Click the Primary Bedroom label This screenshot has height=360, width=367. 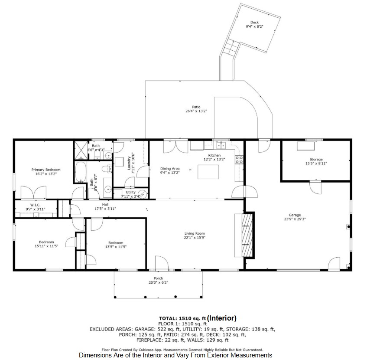(46, 170)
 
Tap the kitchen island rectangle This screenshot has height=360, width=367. (208, 172)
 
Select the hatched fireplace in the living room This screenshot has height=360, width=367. (247, 235)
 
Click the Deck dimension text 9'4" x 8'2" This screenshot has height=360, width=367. (254, 26)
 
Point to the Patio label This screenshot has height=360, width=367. (196, 107)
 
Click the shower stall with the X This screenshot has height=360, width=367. (81, 150)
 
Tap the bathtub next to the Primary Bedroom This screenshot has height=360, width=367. (81, 172)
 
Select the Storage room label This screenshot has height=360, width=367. (316, 159)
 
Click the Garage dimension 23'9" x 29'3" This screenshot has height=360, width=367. (295, 219)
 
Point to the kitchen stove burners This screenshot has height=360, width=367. (239, 160)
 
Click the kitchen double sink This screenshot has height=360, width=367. (221, 145)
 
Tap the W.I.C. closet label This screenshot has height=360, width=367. (36, 205)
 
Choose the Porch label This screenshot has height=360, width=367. (158, 278)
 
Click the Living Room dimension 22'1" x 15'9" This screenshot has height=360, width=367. (195, 238)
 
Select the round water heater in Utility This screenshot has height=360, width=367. (143, 194)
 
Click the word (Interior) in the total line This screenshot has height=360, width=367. (222, 318)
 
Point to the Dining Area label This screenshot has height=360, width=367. (170, 169)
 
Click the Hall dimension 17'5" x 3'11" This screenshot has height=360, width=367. (105, 209)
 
